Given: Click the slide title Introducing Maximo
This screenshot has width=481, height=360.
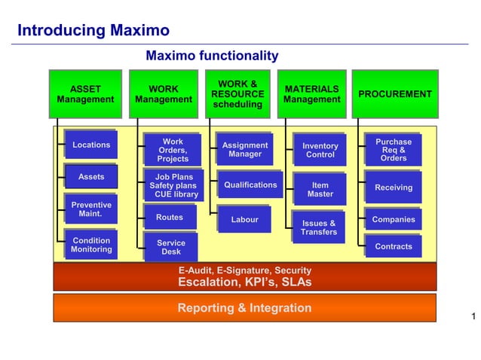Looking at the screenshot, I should (x=93, y=31).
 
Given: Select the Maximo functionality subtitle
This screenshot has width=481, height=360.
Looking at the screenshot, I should (x=212, y=56).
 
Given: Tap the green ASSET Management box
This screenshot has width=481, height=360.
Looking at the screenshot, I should (x=85, y=94).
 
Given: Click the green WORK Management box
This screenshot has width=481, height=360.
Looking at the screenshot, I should (x=164, y=94).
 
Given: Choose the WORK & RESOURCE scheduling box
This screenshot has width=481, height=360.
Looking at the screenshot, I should (x=237, y=94).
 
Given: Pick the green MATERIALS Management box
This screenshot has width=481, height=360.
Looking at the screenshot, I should (x=312, y=94).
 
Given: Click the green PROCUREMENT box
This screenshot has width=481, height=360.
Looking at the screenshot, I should (x=394, y=94).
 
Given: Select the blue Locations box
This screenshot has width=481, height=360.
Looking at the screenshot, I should (x=90, y=145).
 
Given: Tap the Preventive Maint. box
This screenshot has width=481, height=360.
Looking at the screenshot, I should (x=90, y=209).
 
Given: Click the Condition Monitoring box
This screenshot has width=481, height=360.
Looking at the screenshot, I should (x=90, y=246).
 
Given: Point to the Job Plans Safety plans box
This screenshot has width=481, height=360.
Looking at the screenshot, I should (x=172, y=186).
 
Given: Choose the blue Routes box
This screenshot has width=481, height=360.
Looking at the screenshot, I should (x=170, y=218).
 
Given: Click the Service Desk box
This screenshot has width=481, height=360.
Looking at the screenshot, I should (x=170, y=248).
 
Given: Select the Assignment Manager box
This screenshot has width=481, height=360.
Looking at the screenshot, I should (x=244, y=150).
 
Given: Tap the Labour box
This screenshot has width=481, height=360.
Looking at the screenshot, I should (x=244, y=220).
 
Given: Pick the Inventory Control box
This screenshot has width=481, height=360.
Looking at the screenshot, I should (x=320, y=151).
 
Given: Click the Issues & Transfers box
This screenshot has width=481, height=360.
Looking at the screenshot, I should (x=318, y=227).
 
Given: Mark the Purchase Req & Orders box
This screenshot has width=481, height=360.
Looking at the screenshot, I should (x=394, y=150).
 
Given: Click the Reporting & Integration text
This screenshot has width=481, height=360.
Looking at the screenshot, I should (x=244, y=308).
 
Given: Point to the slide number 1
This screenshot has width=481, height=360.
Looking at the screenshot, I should (x=472, y=316).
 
